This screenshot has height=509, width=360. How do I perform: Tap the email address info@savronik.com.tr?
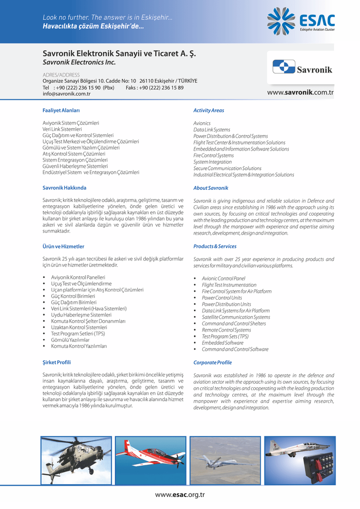click(66, 93)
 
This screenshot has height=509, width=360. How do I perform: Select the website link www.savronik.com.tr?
click(300, 92)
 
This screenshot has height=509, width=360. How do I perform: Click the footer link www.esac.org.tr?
click(180, 495)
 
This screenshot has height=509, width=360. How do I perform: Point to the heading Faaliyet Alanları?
click(61, 110)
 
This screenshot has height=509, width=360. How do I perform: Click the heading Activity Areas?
click(208, 110)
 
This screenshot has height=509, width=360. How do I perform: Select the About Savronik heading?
click(211, 188)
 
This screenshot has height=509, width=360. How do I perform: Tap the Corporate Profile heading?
click(212, 363)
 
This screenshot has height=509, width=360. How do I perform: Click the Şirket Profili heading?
click(57, 362)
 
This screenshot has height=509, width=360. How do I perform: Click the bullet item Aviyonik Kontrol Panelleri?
click(78, 277)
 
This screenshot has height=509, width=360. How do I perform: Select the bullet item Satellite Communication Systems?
click(236, 317)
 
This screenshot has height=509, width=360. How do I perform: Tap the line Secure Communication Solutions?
click(227, 169)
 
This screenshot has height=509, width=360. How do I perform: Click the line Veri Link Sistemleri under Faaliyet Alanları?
click(62, 129)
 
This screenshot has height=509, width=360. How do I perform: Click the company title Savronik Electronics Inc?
click(79, 63)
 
